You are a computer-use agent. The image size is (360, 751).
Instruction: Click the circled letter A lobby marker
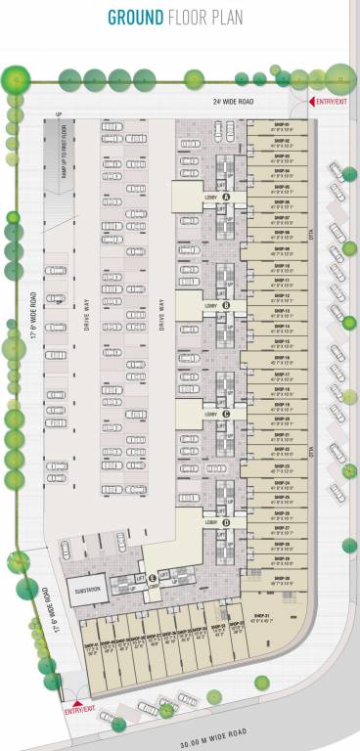[226, 197]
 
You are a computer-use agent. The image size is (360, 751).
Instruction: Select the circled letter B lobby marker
[226, 306]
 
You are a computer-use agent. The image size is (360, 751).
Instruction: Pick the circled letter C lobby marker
[226, 415]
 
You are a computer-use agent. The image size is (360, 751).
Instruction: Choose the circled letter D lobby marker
[226, 523]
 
